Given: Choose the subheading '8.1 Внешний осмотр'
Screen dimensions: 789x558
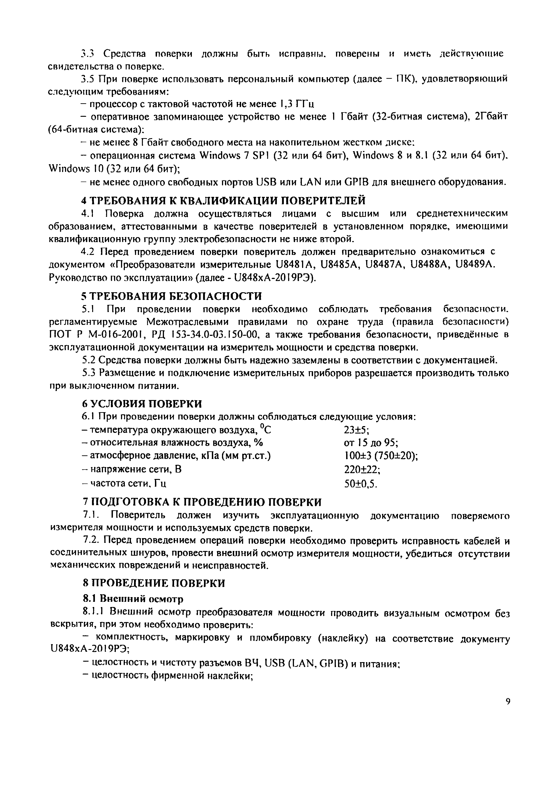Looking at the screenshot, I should pos(133,599).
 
